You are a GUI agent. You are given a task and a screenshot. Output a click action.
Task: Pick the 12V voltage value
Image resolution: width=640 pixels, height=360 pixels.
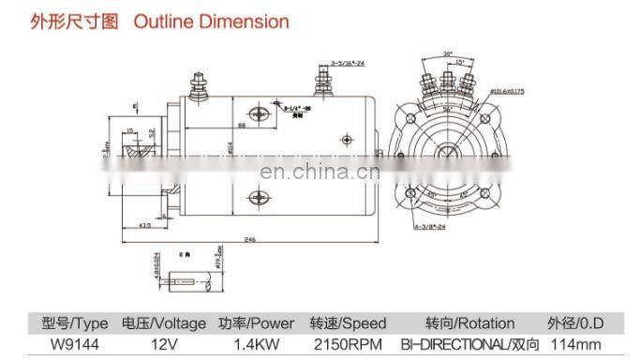(x=162, y=343)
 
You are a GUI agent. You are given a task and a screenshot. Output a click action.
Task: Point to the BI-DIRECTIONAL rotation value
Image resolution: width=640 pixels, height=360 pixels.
(x=457, y=343)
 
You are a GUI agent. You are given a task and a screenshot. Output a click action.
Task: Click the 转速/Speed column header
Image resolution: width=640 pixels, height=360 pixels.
(x=348, y=323)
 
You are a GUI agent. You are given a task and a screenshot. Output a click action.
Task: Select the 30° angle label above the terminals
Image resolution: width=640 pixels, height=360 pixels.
(x=448, y=52)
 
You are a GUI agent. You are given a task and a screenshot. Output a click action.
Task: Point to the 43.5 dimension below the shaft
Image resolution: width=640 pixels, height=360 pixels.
(x=146, y=226)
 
